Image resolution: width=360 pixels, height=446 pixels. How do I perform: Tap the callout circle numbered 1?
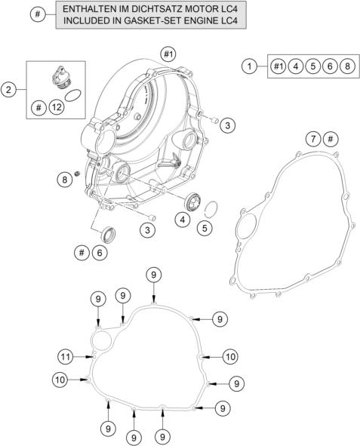click(249, 66)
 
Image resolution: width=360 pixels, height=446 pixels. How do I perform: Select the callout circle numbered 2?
click(8, 90)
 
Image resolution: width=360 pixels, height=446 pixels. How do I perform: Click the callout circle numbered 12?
click(57, 107)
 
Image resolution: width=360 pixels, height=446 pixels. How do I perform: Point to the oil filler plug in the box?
click(62, 78)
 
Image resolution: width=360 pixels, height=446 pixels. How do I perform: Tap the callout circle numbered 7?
click(313, 139)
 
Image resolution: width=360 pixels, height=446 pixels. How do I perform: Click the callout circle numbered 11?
click(66, 357)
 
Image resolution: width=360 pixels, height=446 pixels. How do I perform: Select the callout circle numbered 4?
click(183, 220)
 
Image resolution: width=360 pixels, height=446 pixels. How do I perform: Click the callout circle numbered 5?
click(205, 228)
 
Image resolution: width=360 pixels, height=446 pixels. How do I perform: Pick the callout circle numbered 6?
click(100, 253)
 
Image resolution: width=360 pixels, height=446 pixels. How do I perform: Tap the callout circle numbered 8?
click(65, 180)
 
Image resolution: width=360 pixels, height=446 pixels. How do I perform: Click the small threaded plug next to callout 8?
click(76, 174)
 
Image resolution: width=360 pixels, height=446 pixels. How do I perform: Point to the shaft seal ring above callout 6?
click(108, 235)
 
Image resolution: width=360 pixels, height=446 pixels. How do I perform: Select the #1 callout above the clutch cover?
click(168, 54)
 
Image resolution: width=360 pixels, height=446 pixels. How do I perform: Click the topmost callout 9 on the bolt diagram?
click(153, 275)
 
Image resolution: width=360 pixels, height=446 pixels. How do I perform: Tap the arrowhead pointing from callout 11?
click(91, 357)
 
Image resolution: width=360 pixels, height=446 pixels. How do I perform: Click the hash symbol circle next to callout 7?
click(331, 139)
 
